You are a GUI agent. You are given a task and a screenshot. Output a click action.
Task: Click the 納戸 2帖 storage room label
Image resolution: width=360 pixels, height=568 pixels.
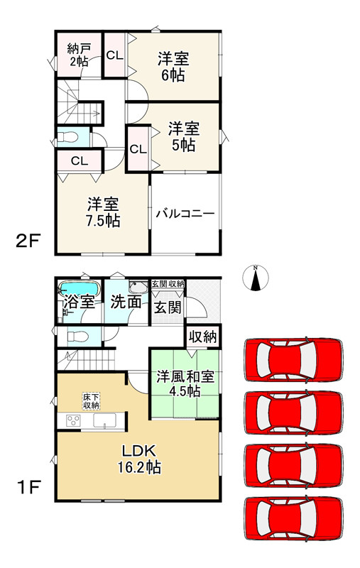tap(78, 55)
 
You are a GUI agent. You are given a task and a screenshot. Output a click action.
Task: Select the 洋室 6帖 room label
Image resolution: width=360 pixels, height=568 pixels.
tap(172, 67)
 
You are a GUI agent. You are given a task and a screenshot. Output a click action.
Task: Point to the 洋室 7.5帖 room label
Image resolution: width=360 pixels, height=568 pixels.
tap(103, 211)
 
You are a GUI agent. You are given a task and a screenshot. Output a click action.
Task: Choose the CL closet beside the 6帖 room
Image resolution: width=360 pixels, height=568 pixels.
tap(115, 55)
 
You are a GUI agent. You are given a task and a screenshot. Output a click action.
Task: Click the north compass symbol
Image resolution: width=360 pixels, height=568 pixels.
tap(255, 278)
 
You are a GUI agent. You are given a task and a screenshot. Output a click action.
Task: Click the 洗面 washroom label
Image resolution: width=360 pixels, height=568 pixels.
tap(125, 302)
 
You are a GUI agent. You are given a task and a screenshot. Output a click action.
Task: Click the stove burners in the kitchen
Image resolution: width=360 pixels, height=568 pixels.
tap(72, 420)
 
